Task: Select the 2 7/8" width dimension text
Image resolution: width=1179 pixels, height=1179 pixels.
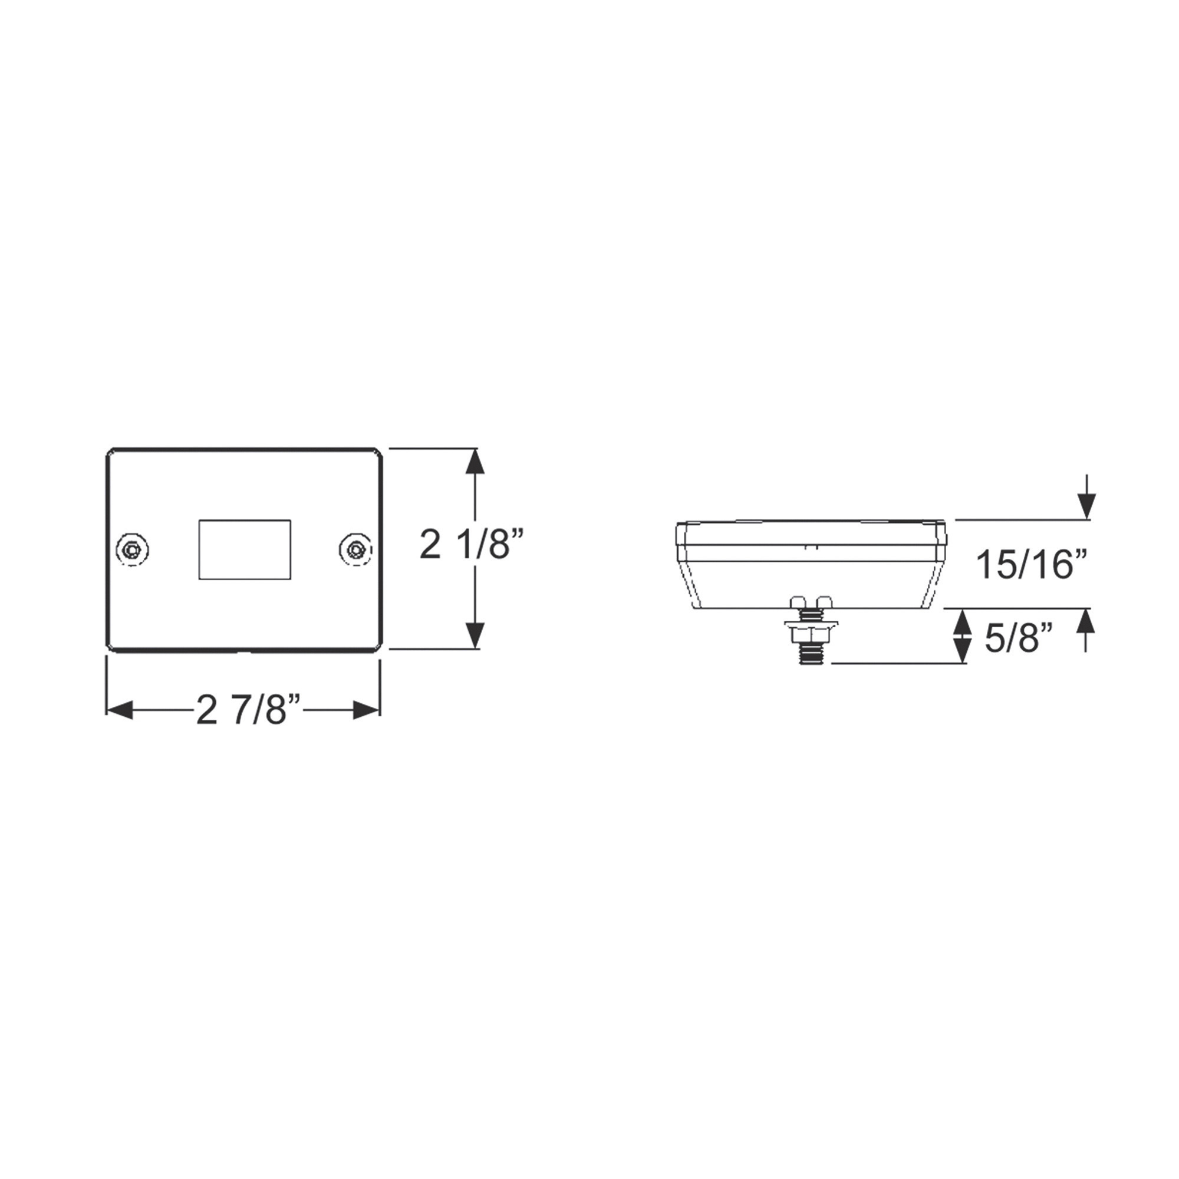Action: pyautogui.click(x=249, y=710)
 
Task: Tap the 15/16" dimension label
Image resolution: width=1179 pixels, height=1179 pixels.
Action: pyautogui.click(x=1033, y=564)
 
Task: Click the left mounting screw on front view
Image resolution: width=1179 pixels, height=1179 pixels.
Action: pyautogui.click(x=133, y=550)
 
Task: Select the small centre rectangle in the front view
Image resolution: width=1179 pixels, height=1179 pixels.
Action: pyautogui.click(x=245, y=550)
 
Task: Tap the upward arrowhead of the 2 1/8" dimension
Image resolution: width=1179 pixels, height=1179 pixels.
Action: pyautogui.click(x=475, y=462)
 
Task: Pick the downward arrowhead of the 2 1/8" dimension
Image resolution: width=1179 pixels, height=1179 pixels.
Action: pyautogui.click(x=475, y=636)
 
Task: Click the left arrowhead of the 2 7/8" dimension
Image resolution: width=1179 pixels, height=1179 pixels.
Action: pyautogui.click(x=120, y=710)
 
